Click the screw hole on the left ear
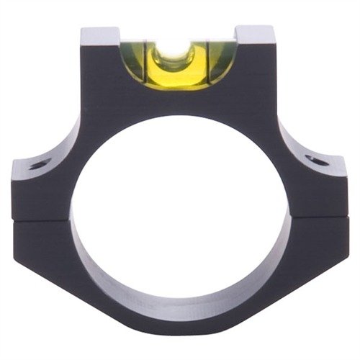click(40, 164)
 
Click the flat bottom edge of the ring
click(180, 331)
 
